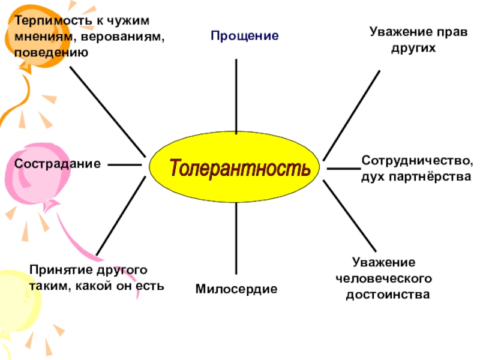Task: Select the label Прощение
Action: pyautogui.click(x=244, y=36)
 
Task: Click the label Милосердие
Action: pyautogui.click(x=236, y=289)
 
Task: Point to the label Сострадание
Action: pyautogui.click(x=57, y=163)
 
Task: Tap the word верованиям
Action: pyautogui.click(x=125, y=37)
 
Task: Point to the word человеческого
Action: pyautogui.click(x=384, y=279)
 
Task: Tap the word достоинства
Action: pyautogui.click(x=388, y=295)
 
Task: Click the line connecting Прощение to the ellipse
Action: pyautogui.click(x=236, y=96)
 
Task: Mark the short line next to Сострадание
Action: pyautogui.click(x=124, y=164)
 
